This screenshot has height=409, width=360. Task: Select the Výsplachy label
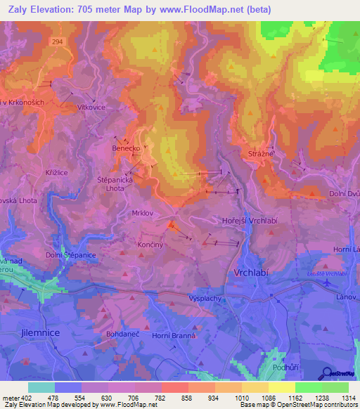click(206, 298)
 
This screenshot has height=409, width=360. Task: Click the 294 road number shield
click(56, 42)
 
